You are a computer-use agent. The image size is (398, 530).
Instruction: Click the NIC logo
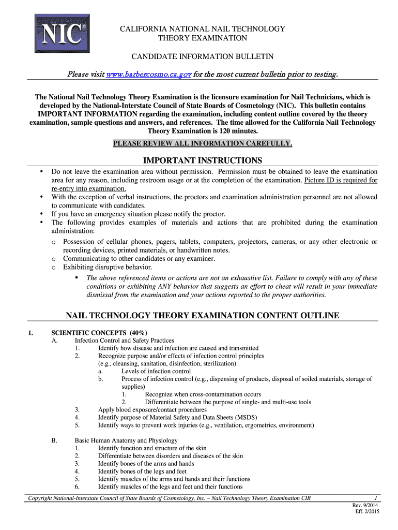[62, 33]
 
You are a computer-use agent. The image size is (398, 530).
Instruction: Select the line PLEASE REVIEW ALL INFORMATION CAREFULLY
[203, 143]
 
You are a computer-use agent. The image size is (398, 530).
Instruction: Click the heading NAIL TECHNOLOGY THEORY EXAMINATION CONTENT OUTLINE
[203, 315]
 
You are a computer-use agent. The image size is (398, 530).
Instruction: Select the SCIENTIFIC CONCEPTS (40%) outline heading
[99, 332]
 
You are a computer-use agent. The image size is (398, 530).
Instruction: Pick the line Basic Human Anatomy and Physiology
[126, 440]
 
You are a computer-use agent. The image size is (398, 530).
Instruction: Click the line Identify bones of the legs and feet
[142, 472]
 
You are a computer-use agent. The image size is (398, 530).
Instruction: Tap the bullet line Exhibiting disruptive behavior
[108, 267]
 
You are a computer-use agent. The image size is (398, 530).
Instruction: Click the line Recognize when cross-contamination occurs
[203, 394]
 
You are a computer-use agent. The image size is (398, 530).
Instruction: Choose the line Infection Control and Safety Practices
[124, 341]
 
